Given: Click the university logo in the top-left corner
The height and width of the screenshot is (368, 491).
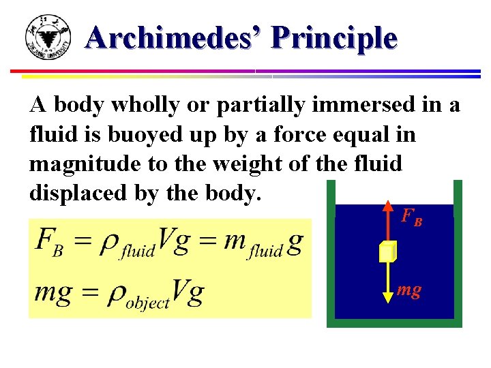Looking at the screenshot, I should click(47, 37).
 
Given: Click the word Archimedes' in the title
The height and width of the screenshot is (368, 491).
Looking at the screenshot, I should click(175, 38).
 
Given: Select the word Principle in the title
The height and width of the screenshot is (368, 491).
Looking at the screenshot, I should click(333, 38).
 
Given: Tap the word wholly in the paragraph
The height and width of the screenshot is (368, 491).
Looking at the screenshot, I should click(132, 106).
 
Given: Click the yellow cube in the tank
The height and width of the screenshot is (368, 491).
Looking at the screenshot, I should click(387, 251).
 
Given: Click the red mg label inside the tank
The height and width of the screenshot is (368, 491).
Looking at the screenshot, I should click(408, 290).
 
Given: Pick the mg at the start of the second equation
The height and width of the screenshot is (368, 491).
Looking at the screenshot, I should click(55, 293).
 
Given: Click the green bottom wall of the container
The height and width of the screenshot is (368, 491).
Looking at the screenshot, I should click(394, 323).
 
